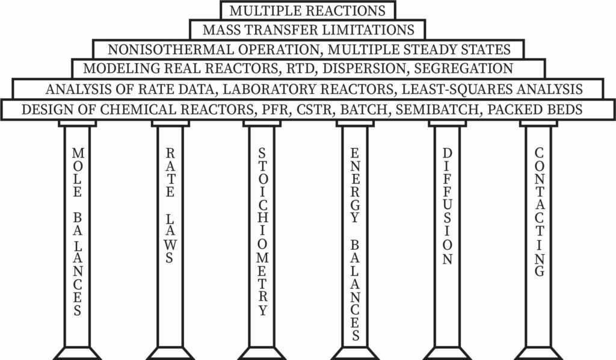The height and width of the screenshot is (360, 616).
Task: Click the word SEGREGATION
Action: click(x=464, y=69)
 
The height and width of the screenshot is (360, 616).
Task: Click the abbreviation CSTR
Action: click(x=316, y=109)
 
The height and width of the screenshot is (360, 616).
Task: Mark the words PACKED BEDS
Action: click(x=535, y=109)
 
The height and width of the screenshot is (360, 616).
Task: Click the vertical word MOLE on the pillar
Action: click(x=78, y=173)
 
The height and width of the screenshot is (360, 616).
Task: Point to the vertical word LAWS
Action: click(x=170, y=238)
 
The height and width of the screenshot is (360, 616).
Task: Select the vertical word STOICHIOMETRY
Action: click(x=262, y=232)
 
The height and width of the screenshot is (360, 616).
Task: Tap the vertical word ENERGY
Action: click(x=355, y=185)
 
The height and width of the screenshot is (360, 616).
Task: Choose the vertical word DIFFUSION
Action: click(x=448, y=206)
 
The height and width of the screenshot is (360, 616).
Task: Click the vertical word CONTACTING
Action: click(x=540, y=213)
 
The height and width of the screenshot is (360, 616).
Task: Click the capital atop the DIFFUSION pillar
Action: click(x=448, y=123)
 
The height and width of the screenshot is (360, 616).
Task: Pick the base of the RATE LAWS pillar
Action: click(x=170, y=353)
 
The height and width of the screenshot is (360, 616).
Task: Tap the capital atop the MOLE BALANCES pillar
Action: click(x=78, y=123)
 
